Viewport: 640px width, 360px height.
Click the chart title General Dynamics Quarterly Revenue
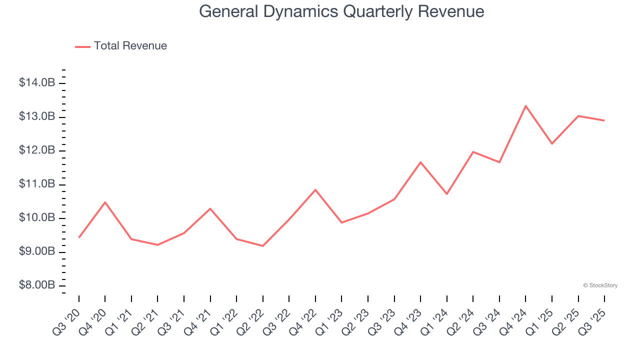point(341,11)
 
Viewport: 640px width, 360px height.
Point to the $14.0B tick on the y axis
point(37,83)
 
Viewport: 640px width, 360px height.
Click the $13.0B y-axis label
point(37,116)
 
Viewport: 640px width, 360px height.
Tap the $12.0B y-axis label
point(37,150)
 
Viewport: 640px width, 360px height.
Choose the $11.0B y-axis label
point(37,184)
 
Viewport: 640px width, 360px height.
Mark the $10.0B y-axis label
point(37,218)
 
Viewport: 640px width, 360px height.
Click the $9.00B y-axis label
point(37,251)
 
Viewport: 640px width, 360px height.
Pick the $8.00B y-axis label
point(37,285)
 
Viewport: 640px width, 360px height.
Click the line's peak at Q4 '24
point(525,106)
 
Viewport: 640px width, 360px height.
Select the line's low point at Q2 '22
point(262,245)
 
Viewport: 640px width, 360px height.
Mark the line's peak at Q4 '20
point(105,202)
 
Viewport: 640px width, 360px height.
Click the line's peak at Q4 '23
point(420,162)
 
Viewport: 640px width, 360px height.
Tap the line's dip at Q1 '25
point(552,143)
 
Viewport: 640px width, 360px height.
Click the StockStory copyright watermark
point(600,285)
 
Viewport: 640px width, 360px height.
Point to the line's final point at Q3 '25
point(604,120)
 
